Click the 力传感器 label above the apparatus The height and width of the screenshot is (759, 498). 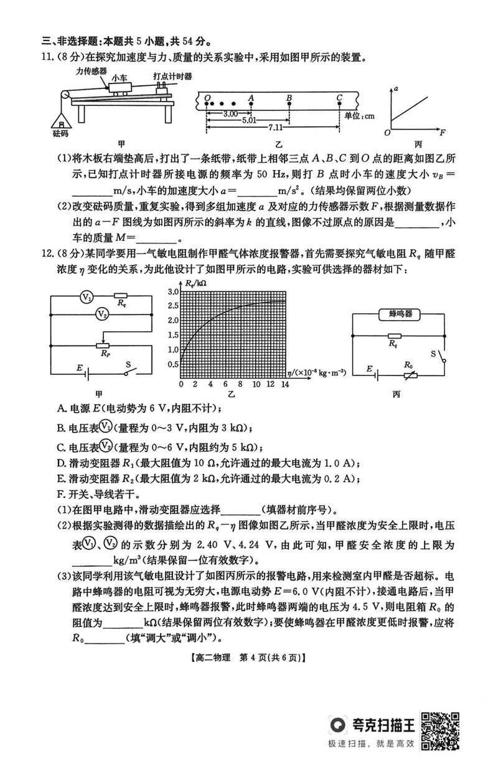point(88,72)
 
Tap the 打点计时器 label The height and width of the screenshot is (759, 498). point(172,76)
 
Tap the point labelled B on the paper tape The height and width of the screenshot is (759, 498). point(289,103)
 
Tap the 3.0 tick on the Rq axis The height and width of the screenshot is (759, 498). point(172,291)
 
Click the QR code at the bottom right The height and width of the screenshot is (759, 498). point(442,730)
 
